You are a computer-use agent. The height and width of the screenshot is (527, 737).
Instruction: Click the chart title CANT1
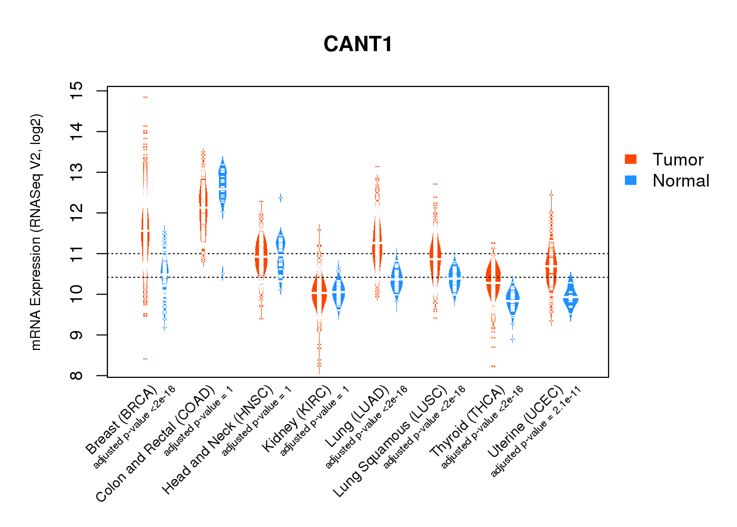pos(358,44)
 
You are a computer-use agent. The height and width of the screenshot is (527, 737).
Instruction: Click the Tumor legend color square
pos(631,159)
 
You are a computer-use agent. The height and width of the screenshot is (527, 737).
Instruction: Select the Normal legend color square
pos(631,180)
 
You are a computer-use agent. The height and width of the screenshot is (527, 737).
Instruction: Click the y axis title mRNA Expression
pos(36,232)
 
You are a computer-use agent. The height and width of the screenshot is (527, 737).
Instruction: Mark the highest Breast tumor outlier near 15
pos(145,97)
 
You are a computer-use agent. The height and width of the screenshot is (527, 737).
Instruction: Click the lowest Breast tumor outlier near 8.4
pos(145,359)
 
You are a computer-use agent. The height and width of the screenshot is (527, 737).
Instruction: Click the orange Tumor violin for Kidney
pos(319,295)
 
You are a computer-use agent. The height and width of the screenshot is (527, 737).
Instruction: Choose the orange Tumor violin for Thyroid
pos(493,279)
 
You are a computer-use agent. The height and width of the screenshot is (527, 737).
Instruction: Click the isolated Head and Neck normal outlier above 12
pos(281,198)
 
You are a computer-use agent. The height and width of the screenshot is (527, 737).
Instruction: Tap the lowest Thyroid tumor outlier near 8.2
pos(493,366)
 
